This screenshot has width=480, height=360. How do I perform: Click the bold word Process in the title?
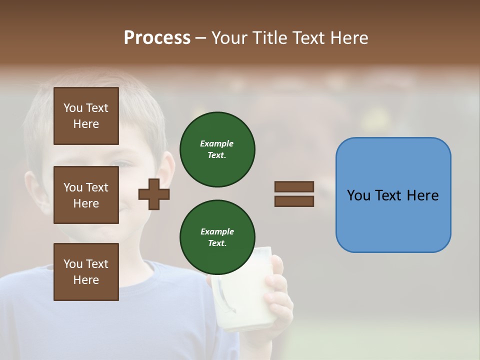157,38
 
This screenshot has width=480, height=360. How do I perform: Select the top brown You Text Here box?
86,116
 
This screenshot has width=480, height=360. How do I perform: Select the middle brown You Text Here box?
86,195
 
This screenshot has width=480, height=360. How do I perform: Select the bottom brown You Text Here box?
86,272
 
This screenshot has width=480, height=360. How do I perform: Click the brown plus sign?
154,194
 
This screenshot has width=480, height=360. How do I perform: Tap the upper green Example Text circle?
217,149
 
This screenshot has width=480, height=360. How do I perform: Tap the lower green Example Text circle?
217,237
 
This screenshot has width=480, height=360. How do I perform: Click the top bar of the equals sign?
294,186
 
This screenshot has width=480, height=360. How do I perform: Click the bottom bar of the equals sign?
294,201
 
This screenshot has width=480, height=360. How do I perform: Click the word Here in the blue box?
422,195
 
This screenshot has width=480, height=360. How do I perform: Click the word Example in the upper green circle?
217,143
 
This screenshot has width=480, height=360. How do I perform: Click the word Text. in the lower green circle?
217,243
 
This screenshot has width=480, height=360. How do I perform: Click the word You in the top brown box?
72,108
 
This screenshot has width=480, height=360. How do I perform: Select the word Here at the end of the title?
350,38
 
